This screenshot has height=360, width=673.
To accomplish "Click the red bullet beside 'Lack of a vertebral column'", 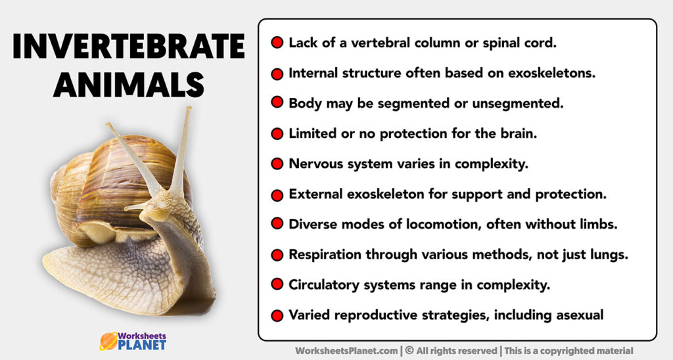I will (277, 43).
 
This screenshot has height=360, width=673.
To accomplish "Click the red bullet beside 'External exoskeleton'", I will (277, 194).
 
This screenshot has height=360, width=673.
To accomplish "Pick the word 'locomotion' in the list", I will (430, 224).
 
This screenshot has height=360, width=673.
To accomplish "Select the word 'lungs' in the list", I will (607, 254).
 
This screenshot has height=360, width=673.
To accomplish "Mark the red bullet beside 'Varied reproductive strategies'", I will (277, 315).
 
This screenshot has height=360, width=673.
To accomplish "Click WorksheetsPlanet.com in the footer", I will (345, 351).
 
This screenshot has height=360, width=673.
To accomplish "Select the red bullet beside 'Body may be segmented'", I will (277, 104).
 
